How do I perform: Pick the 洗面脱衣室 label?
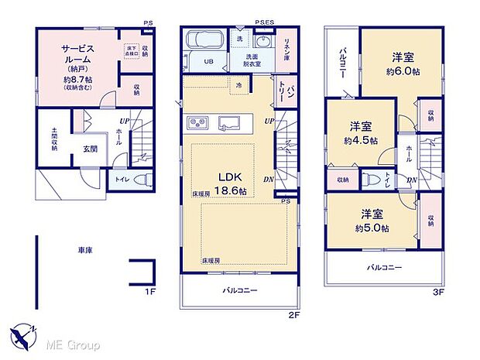252,60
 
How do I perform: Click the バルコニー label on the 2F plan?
240,291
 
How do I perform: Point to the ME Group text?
73,342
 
